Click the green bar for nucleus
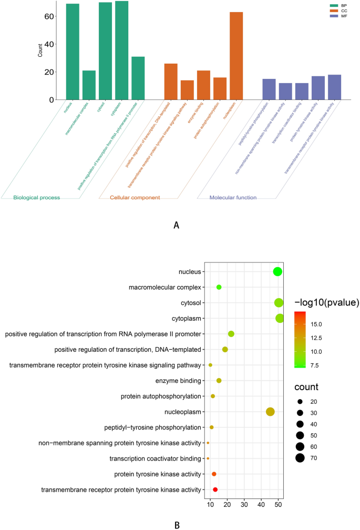(x=73, y=52)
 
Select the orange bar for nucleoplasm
(x=236, y=56)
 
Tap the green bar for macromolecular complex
(x=89, y=85)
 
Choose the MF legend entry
(x=344, y=16)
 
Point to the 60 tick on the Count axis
(x=50, y=16)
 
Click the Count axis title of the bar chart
(x=41, y=51)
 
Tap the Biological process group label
(x=37, y=198)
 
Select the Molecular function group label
(x=233, y=198)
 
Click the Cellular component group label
(x=135, y=198)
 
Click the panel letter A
(x=176, y=225)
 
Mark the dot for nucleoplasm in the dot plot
(x=270, y=412)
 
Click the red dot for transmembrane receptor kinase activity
(x=215, y=490)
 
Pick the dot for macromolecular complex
(x=219, y=287)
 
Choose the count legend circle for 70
(x=300, y=458)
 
